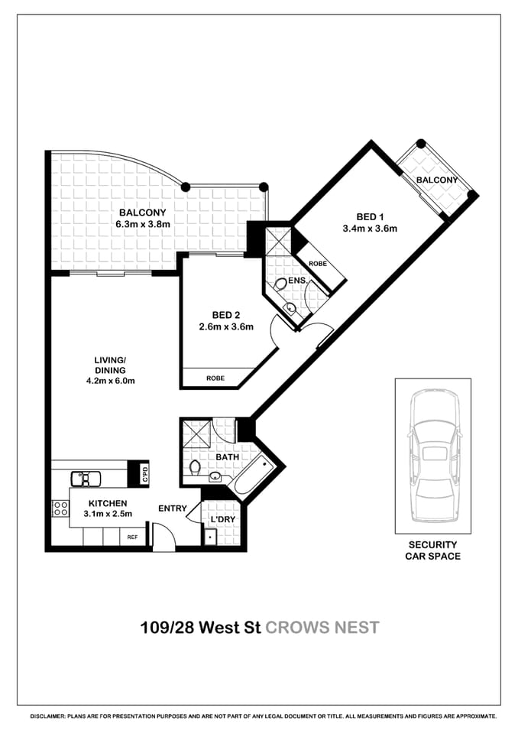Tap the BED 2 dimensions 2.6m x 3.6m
click(x=225, y=326)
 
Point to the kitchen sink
click(x=86, y=479)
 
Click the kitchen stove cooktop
click(x=60, y=507)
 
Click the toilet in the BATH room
click(x=195, y=467)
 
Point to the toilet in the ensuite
click(x=281, y=284)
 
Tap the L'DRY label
click(x=222, y=520)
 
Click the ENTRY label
click(x=173, y=508)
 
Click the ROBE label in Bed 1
click(x=318, y=264)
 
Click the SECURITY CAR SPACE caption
click(x=432, y=550)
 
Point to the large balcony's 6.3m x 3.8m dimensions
click(x=142, y=225)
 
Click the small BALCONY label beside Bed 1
click(x=436, y=180)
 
